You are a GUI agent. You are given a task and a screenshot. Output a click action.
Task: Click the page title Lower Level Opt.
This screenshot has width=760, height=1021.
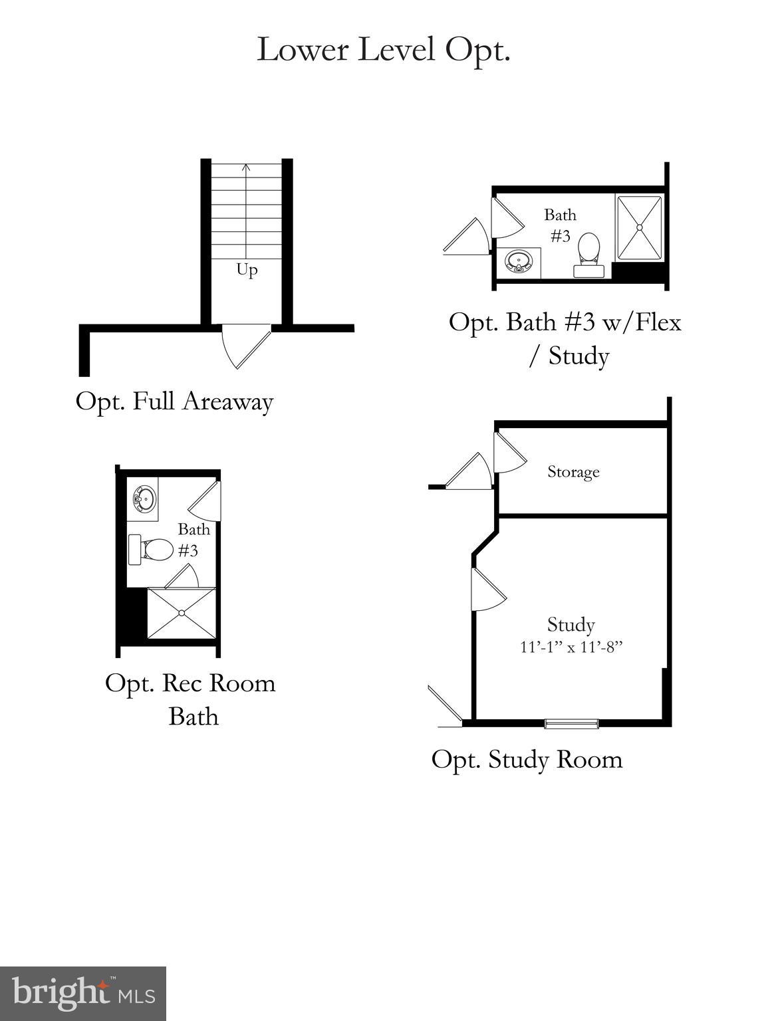383,50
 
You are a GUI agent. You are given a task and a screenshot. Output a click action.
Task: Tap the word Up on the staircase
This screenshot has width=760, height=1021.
247,270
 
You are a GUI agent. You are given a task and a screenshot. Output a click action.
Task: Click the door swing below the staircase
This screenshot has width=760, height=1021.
246,344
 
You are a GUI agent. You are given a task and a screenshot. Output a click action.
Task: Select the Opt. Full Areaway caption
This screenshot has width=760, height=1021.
174,401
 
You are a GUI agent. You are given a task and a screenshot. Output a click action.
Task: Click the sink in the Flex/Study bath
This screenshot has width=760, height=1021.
519,261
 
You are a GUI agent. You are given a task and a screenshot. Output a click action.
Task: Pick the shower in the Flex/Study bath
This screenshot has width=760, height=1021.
639,227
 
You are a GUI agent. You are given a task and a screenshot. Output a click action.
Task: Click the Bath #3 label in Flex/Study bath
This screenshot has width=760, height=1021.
560,225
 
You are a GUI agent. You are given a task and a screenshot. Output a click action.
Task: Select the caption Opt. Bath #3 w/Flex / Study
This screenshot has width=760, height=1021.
565,338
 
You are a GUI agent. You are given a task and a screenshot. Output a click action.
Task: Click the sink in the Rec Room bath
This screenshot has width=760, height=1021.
144,499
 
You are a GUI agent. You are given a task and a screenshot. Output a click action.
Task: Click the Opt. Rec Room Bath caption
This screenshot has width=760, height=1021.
190,699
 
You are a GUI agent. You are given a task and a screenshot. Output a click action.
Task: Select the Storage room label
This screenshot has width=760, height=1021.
573,472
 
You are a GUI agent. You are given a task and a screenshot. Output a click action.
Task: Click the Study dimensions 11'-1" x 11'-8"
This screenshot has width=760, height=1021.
570,647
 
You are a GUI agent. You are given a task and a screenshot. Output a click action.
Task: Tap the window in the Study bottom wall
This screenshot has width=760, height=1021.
571,723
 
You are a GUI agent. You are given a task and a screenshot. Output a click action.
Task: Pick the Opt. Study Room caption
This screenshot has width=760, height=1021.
527,759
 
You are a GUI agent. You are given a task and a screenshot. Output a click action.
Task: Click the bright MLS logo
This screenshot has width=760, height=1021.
82,993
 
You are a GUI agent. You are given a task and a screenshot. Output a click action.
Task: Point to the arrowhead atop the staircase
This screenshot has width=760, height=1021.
247,168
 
